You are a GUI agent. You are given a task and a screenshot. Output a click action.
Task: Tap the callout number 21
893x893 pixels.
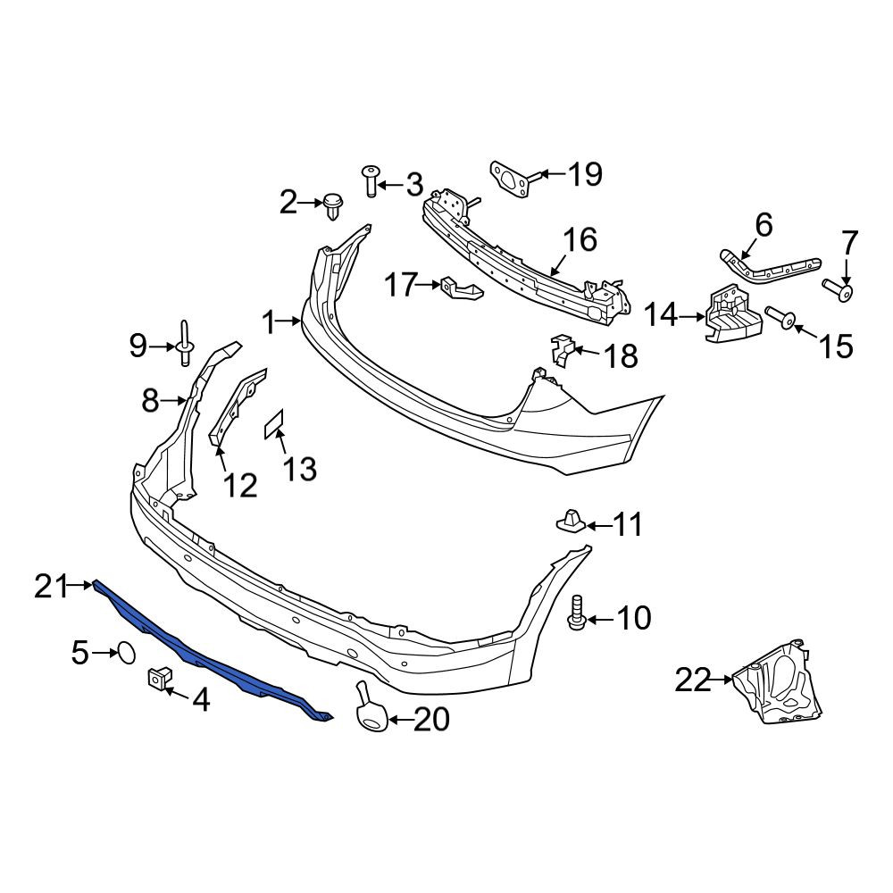[x=52, y=586]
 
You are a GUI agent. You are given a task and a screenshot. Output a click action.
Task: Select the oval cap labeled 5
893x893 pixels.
[x=127, y=653]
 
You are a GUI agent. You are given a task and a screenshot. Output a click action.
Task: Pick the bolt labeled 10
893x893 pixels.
[x=576, y=613]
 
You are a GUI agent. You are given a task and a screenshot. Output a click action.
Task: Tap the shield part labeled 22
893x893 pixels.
[x=778, y=682]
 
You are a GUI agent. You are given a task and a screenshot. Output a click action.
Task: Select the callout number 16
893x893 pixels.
[x=580, y=239]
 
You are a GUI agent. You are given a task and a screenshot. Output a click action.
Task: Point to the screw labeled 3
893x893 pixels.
[x=371, y=181]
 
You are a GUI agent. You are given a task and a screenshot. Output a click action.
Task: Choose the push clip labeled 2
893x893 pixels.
[x=332, y=207]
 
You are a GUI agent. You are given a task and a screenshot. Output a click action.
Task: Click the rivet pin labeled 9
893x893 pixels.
[x=185, y=345]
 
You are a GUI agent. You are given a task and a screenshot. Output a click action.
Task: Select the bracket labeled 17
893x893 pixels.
[x=460, y=288]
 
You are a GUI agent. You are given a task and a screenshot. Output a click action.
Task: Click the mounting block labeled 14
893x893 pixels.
[x=733, y=315]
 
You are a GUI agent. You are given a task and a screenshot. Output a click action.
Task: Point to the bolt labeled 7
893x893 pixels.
[x=838, y=290]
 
